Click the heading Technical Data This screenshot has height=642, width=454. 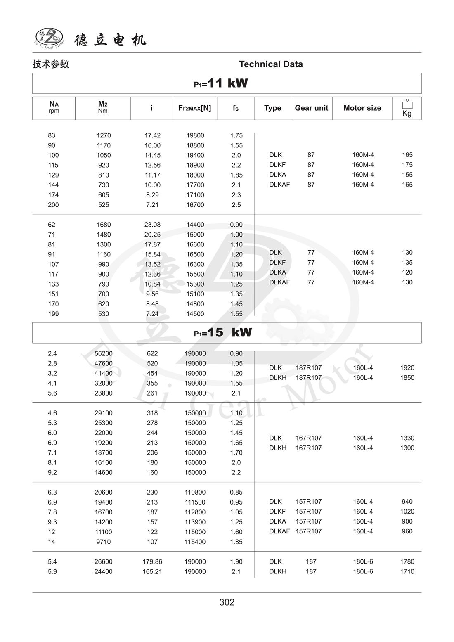point(271,64)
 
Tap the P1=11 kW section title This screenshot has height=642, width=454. point(221,83)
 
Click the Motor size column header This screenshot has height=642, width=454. point(362,108)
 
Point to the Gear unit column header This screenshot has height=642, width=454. point(311,108)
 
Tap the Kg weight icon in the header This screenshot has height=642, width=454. point(407,108)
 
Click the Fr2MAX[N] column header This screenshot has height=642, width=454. point(194,108)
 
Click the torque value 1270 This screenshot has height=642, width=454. point(104,135)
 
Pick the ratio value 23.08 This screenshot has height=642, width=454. point(152,225)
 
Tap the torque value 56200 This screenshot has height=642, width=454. point(104,353)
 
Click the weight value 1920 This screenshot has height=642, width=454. point(407,367)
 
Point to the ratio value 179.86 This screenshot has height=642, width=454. point(152,561)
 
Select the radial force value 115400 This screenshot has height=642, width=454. point(195,542)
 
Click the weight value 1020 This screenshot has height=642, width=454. point(407,511)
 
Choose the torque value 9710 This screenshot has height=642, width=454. point(104,542)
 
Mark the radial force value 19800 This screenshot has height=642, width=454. point(195,135)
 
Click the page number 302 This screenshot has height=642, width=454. point(227,602)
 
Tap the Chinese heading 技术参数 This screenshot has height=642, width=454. point(51,64)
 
